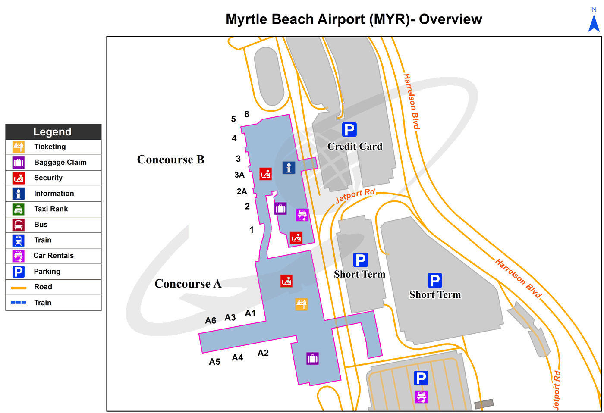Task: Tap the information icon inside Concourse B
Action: (x=289, y=168)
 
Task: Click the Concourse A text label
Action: (x=188, y=284)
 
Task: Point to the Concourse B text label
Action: (x=170, y=160)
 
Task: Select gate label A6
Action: (x=211, y=321)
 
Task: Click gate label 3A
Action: (x=239, y=175)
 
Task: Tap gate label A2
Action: (x=263, y=353)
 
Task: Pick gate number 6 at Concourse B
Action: (x=247, y=114)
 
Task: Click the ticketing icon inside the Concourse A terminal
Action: (x=301, y=304)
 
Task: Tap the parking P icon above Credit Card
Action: (x=349, y=129)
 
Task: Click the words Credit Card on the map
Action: (x=355, y=147)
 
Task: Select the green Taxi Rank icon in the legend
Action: (x=19, y=209)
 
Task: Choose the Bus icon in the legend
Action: (x=19, y=225)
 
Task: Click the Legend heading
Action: (x=53, y=132)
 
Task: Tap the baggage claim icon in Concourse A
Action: (x=312, y=358)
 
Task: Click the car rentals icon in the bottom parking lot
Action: (x=421, y=396)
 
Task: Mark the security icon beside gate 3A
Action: (x=265, y=174)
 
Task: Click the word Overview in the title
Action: (x=450, y=19)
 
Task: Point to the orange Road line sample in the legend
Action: (x=19, y=287)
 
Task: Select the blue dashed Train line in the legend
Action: (x=19, y=303)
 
